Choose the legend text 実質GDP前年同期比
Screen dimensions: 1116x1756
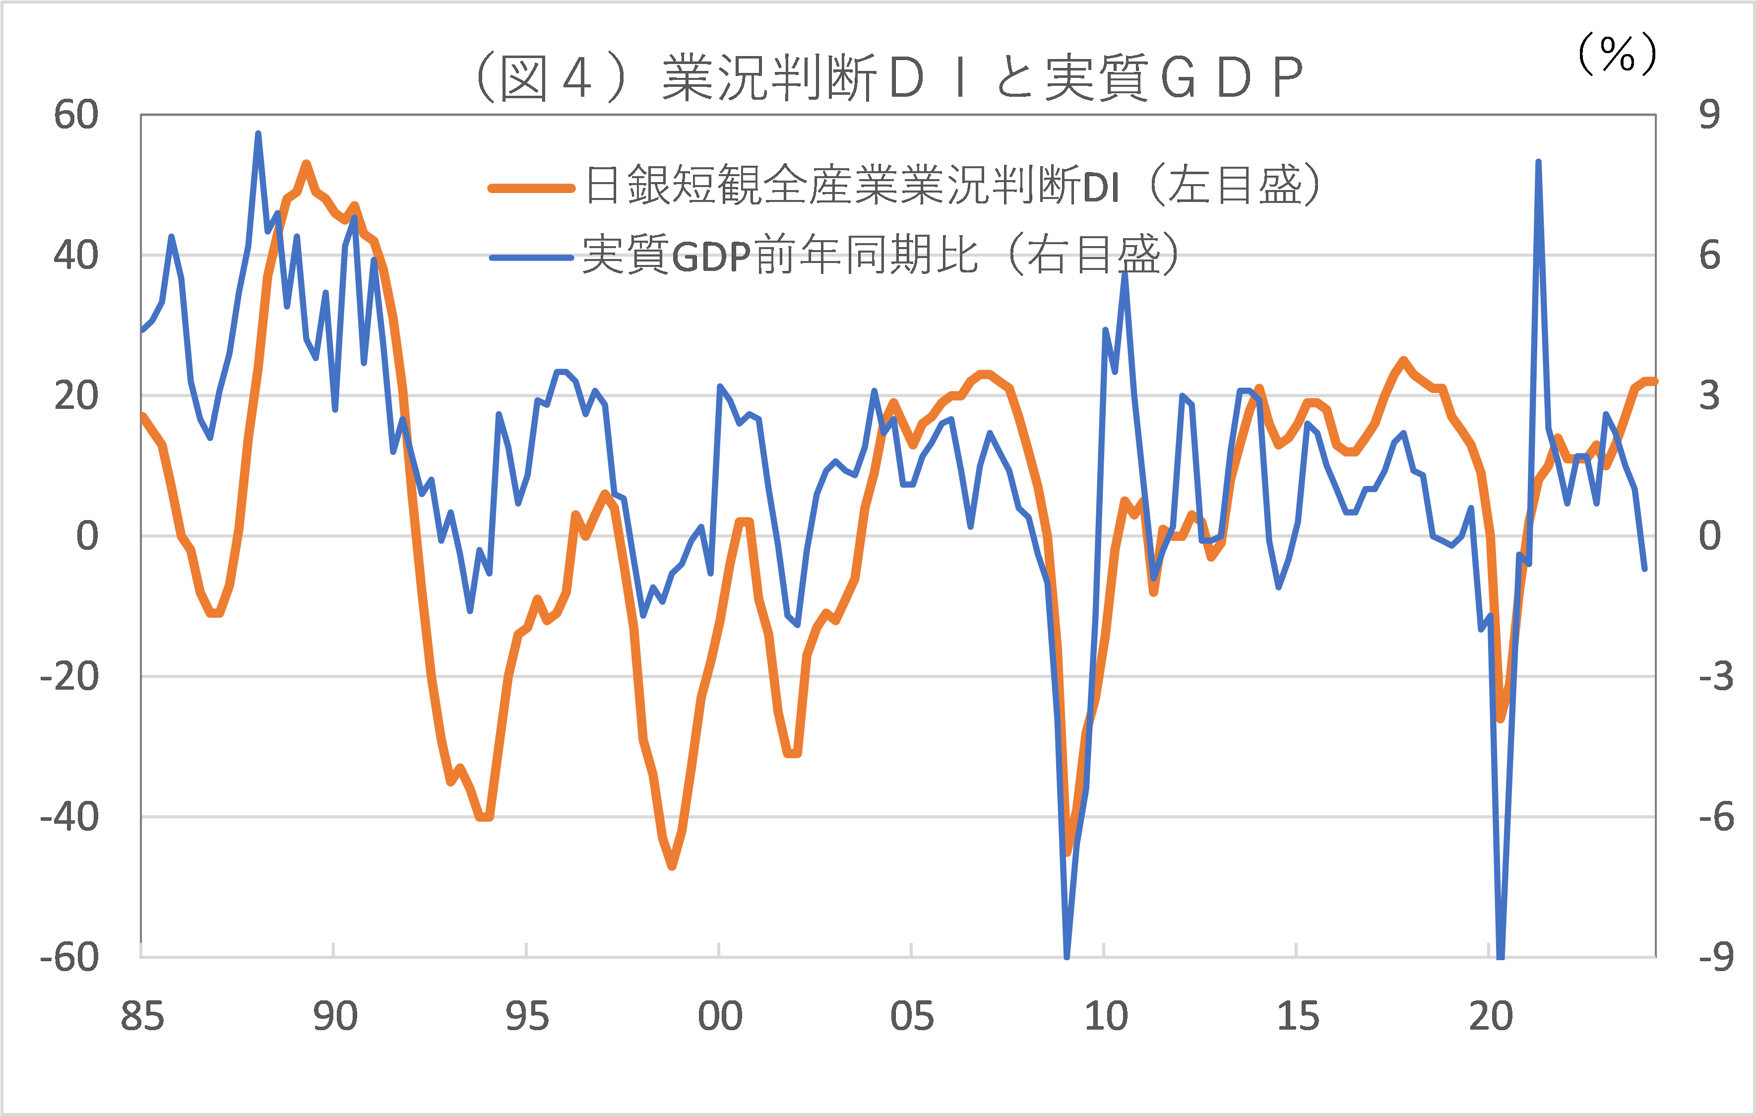[x=780, y=255]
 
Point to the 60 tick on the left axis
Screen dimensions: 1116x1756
[x=76, y=115]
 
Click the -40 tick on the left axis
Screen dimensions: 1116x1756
[x=69, y=816]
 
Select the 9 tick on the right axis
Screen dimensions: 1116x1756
[x=1708, y=115]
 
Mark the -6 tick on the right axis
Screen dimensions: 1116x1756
[x=1716, y=816]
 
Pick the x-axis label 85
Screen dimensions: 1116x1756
[x=142, y=1016]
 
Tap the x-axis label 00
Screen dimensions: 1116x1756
[x=720, y=1016]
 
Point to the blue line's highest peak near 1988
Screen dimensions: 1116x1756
[x=258, y=134]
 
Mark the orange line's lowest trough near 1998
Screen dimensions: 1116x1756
[x=672, y=866]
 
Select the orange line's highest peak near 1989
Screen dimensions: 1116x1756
[x=306, y=164]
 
